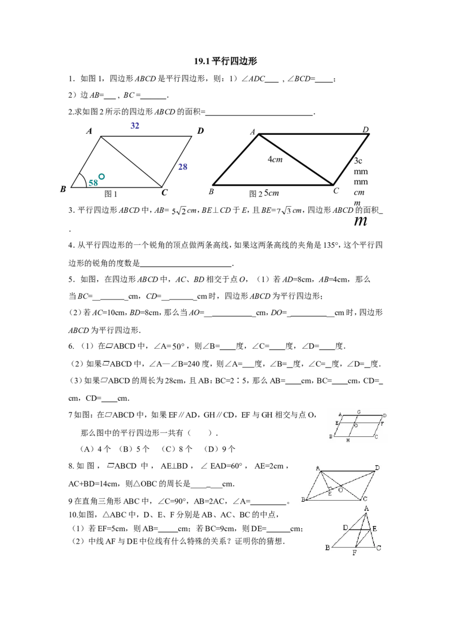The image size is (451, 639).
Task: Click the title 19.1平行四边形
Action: point(225,61)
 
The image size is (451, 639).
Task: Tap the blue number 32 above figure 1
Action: point(135,125)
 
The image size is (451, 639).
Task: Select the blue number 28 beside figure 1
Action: point(183,167)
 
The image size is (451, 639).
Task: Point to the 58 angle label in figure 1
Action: point(93,182)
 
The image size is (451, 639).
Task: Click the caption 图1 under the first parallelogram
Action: point(110,194)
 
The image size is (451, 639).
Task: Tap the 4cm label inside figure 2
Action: point(275,159)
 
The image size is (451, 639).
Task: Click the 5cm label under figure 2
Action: point(272,192)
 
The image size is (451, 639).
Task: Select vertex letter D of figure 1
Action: point(200,131)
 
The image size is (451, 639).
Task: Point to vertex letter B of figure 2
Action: point(211,191)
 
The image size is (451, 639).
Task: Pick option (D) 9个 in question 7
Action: point(219,449)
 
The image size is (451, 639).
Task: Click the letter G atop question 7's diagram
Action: point(359,412)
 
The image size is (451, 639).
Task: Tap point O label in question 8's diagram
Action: point(341,490)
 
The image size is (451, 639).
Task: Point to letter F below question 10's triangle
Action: point(355,553)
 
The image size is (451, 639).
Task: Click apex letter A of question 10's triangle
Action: point(366,508)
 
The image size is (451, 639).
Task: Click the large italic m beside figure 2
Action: point(361,221)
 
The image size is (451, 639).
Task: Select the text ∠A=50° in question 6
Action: point(169,346)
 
